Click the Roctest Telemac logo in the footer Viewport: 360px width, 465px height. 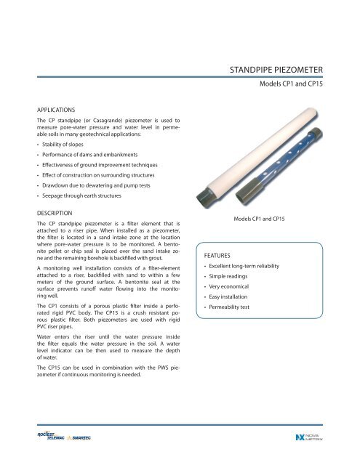56,436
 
